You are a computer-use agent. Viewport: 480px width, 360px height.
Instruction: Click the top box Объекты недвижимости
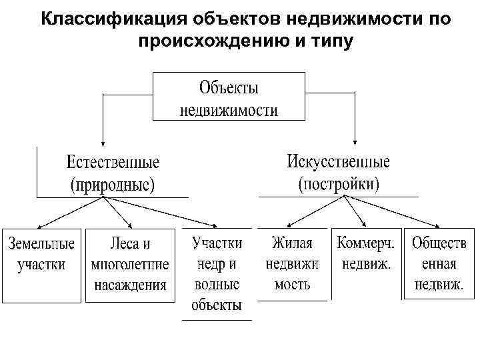pos(229,97)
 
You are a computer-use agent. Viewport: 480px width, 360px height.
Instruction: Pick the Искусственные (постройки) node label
pos(338,171)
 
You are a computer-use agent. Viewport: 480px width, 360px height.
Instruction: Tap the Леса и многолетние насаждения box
pos(130,263)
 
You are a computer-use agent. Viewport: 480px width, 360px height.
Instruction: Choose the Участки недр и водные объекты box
pos(217,273)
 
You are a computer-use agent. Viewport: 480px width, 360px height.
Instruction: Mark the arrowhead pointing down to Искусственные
pos(355,142)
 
